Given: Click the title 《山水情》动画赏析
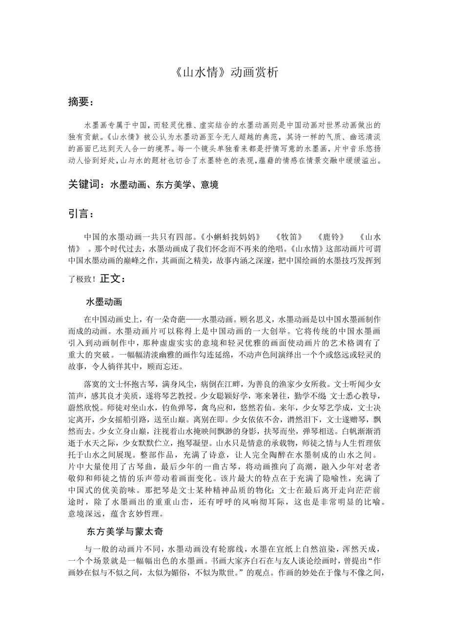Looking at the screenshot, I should pos(224,72).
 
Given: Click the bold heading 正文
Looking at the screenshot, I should pos(113,278).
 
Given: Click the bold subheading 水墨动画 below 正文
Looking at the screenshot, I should pos(104,301).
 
